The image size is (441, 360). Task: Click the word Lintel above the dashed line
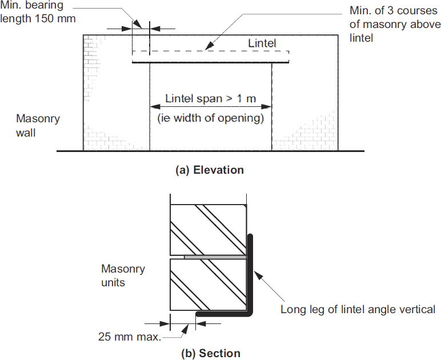262,43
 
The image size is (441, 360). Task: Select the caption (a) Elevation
210,170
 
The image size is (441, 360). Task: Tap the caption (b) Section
210,353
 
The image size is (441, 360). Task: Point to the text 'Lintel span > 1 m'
210,98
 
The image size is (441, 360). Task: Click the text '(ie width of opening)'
210,119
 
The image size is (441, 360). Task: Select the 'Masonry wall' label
38,126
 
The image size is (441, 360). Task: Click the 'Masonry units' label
123,275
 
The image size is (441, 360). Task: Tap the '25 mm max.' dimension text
130,336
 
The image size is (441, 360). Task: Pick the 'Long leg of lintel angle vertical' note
358,309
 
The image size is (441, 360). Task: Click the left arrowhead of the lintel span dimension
154,106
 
